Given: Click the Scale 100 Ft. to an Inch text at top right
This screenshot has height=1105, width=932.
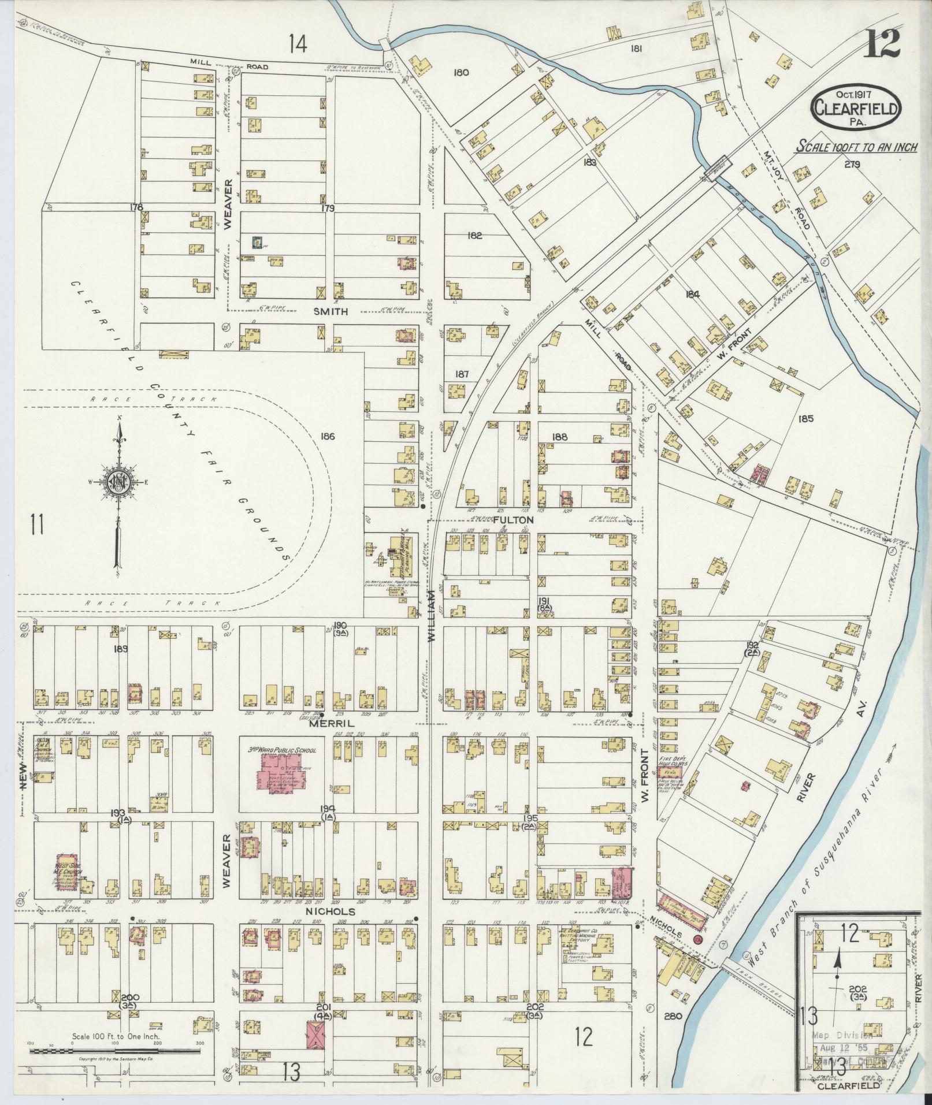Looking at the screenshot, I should point(857,146).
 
